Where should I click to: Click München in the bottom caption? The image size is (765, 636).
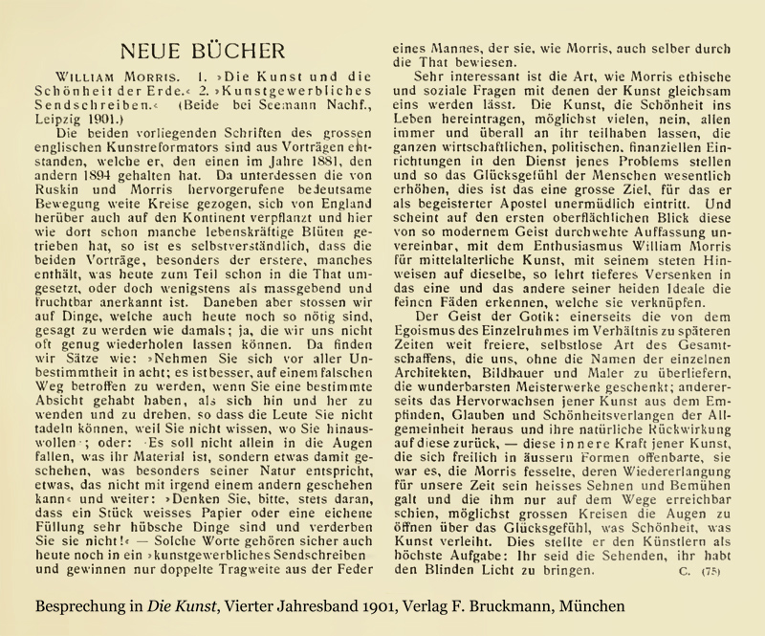coord(591,607)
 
